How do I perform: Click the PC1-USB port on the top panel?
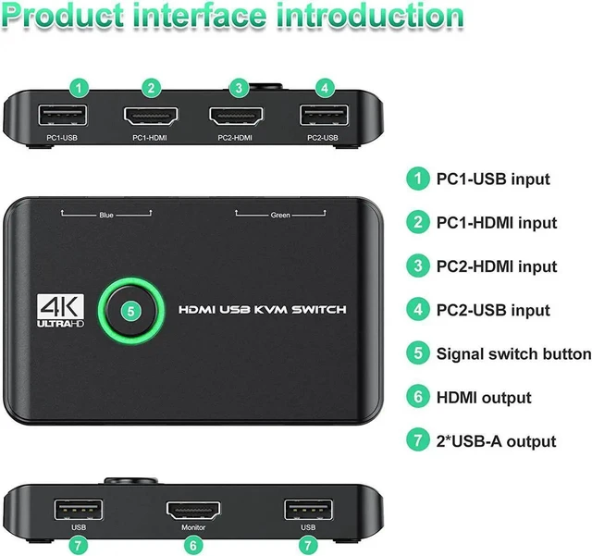[x=62, y=116]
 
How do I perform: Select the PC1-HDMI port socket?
[x=151, y=116]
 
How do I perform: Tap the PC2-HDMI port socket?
[x=236, y=116]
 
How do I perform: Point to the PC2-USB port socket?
[x=324, y=116]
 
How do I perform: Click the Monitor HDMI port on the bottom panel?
[x=193, y=511]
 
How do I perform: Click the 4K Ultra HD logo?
[x=60, y=311]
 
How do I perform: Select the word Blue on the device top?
[x=106, y=215]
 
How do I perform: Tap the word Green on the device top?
[x=280, y=215]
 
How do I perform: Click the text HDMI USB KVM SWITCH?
[x=263, y=310]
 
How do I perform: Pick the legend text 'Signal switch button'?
[x=514, y=354]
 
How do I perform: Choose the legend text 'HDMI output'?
[x=484, y=398]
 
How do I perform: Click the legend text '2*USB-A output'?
[x=496, y=441]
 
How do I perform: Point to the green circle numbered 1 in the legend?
[x=417, y=179]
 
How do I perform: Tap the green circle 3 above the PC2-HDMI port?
[x=239, y=89]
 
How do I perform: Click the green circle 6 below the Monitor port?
[x=193, y=546]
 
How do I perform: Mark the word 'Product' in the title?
[x=63, y=16]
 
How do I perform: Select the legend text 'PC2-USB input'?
[x=493, y=310]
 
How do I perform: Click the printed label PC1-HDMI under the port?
[x=150, y=138]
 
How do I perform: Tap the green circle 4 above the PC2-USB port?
[x=325, y=89]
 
